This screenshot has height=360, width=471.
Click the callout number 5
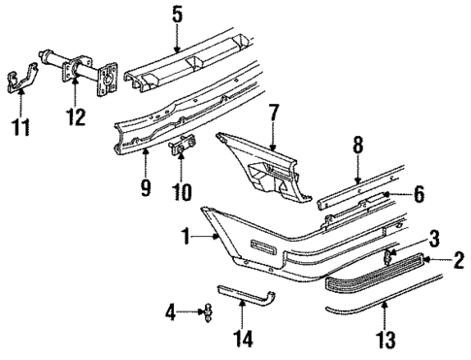176,15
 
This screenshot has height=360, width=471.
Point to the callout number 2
457,260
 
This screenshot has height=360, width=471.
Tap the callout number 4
171,312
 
